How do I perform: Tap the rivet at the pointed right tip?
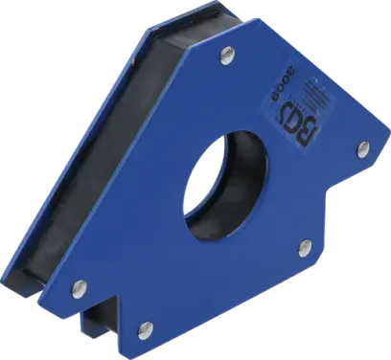(x=364, y=148)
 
